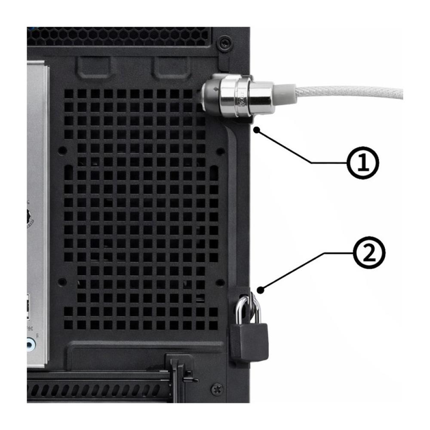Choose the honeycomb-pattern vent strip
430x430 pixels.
click(120, 36)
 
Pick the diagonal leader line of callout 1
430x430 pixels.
click(284, 146)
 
